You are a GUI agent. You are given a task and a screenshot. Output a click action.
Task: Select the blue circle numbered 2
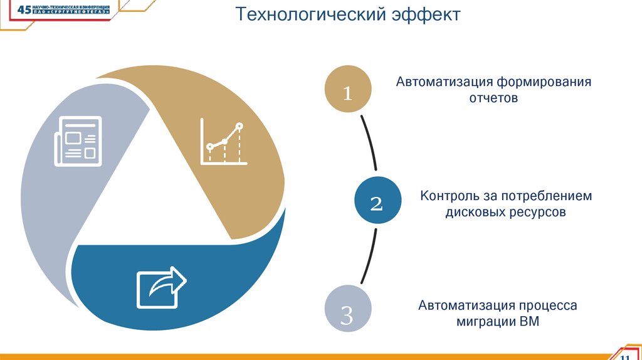[376, 202]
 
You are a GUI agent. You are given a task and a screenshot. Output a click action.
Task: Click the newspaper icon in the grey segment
[78, 141]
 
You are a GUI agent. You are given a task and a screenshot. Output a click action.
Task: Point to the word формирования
[545, 83]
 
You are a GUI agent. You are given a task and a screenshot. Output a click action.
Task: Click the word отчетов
[493, 98]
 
